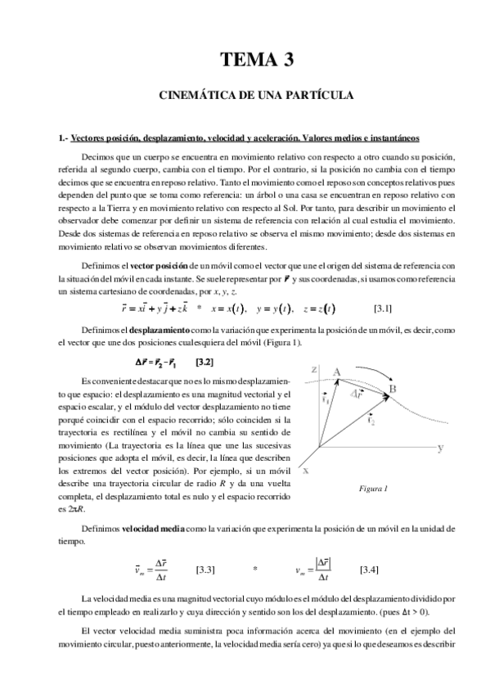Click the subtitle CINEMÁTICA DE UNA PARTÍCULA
pyautogui.click(x=256, y=96)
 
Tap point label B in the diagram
pyautogui.click(x=392, y=389)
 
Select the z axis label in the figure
pyautogui.click(x=313, y=370)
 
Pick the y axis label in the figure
pyautogui.click(x=440, y=448)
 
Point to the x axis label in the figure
pyautogui.click(x=305, y=471)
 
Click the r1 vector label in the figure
pyautogui.click(x=325, y=401)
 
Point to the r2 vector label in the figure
pyautogui.click(x=371, y=422)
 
